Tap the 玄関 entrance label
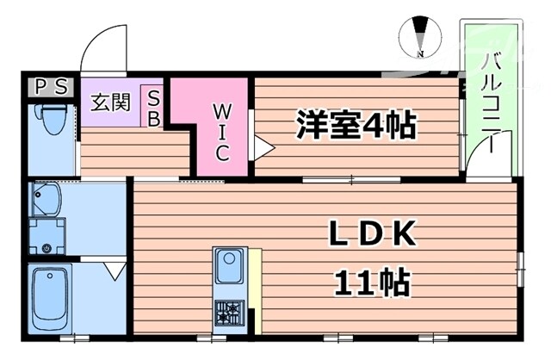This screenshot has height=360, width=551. click(111, 102)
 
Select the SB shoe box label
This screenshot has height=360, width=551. click(153, 108)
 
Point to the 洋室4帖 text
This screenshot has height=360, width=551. click(356, 126)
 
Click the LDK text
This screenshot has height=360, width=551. click(374, 233)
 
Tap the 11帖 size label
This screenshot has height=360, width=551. click(372, 281)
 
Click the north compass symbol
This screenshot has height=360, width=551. click(421, 37)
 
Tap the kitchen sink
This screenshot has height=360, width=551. click(229, 265)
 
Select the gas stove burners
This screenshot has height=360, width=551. click(230, 313)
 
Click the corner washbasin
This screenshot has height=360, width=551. click(45, 201)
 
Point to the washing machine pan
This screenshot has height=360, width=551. click(46, 237)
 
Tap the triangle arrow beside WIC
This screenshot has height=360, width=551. click(262, 149)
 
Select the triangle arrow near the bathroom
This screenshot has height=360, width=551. click(114, 272)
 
